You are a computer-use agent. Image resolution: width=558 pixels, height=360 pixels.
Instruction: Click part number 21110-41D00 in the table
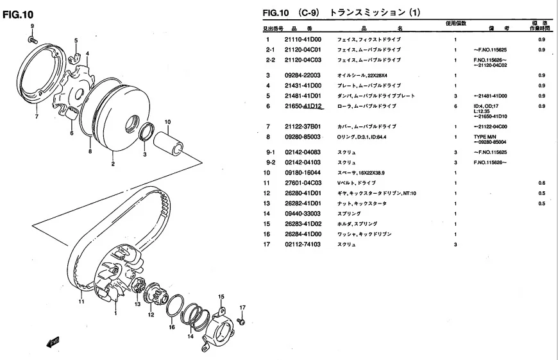pyautogui.click(x=302, y=40)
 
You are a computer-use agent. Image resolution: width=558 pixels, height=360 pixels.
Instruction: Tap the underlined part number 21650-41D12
pyautogui.click(x=303, y=106)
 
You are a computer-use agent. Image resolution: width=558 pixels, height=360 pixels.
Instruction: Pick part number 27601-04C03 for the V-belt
pyautogui.click(x=302, y=183)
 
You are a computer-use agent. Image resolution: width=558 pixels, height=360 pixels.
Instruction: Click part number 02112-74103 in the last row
pyautogui.click(x=302, y=244)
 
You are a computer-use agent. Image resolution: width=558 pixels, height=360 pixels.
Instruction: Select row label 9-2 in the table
pyautogui.click(x=270, y=163)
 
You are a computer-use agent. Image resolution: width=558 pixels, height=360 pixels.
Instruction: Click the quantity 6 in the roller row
pyautogui.click(x=455, y=106)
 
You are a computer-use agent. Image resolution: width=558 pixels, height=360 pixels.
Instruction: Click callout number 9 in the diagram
pyautogui.click(x=31, y=26)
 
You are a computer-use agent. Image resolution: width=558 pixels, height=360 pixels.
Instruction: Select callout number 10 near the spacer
pyautogui.click(x=167, y=122)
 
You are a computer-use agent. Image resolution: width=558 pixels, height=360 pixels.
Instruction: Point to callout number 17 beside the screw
pyautogui.click(x=242, y=307)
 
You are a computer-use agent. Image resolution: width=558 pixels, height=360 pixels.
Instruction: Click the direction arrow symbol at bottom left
pyautogui.click(x=53, y=341)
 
